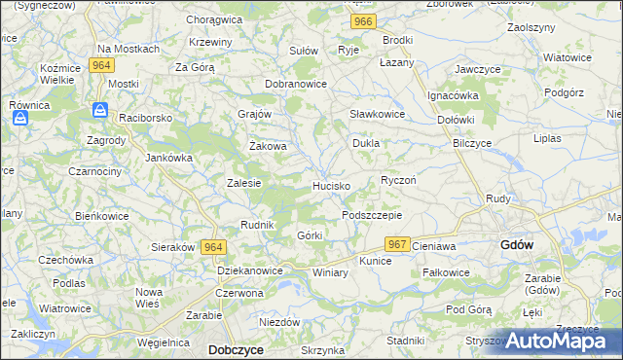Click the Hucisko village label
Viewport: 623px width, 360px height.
[x=331, y=185]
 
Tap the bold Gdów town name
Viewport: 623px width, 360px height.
[x=516, y=246]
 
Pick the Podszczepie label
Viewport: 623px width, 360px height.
[x=371, y=214]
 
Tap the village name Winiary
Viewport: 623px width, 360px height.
[x=330, y=273]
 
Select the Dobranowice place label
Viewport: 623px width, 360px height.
[x=296, y=84]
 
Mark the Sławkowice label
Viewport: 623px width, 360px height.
[x=377, y=114]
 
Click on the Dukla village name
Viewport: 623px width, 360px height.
[x=365, y=143]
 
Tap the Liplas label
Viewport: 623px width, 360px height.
[x=547, y=138]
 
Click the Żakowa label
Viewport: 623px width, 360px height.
[x=268, y=147]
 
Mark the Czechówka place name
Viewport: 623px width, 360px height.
[x=65, y=260]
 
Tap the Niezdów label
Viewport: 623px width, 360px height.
[x=278, y=322]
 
